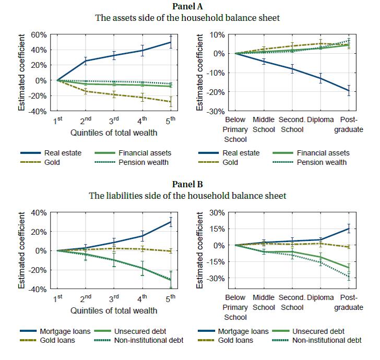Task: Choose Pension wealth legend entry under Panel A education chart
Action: pyautogui.click(x=321, y=162)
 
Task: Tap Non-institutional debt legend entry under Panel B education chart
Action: pyautogui.click(x=326, y=341)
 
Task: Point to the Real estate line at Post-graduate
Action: pyautogui.click(x=349, y=91)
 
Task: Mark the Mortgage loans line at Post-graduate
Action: pyautogui.click(x=349, y=229)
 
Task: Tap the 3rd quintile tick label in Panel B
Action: pyautogui.click(x=114, y=298)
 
